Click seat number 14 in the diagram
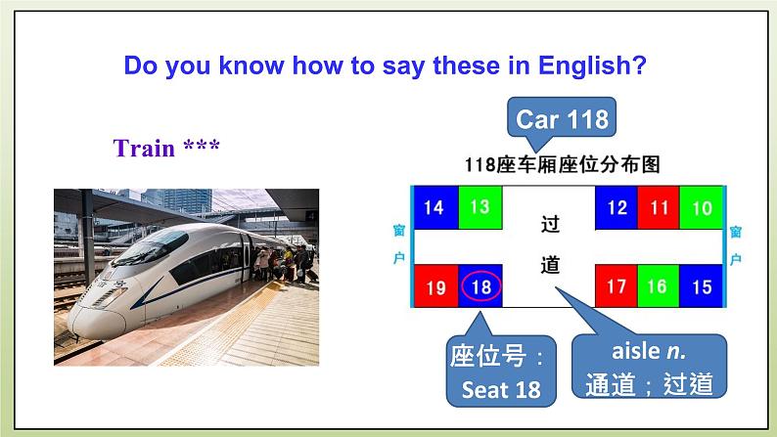click(435, 207)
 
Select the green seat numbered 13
click(479, 206)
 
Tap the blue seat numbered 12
click(617, 207)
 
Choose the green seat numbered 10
click(701, 207)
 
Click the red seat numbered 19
click(436, 287)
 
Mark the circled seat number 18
click(480, 287)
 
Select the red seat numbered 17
click(617, 287)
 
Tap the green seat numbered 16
click(658, 287)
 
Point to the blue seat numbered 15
click(701, 287)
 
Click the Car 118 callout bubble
click(562, 120)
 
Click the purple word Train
click(144, 149)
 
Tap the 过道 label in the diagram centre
click(551, 245)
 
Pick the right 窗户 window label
click(735, 245)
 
